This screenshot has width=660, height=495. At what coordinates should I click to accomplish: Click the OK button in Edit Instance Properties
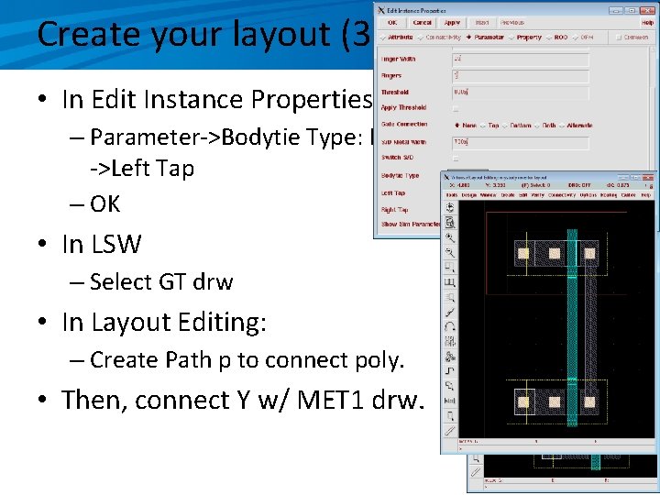[392, 22]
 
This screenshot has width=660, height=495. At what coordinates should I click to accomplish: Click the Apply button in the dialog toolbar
[451, 22]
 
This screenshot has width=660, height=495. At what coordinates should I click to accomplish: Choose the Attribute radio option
[398, 38]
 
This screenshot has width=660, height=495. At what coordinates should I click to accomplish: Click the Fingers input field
[519, 76]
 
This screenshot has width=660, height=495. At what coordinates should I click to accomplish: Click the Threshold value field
[519, 93]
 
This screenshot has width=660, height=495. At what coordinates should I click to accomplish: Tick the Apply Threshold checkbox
[456, 108]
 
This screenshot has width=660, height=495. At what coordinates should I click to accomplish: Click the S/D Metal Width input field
[519, 142]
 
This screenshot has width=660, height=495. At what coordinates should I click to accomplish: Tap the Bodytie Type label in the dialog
[400, 175]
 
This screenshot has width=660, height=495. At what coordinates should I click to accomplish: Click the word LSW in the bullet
[115, 245]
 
